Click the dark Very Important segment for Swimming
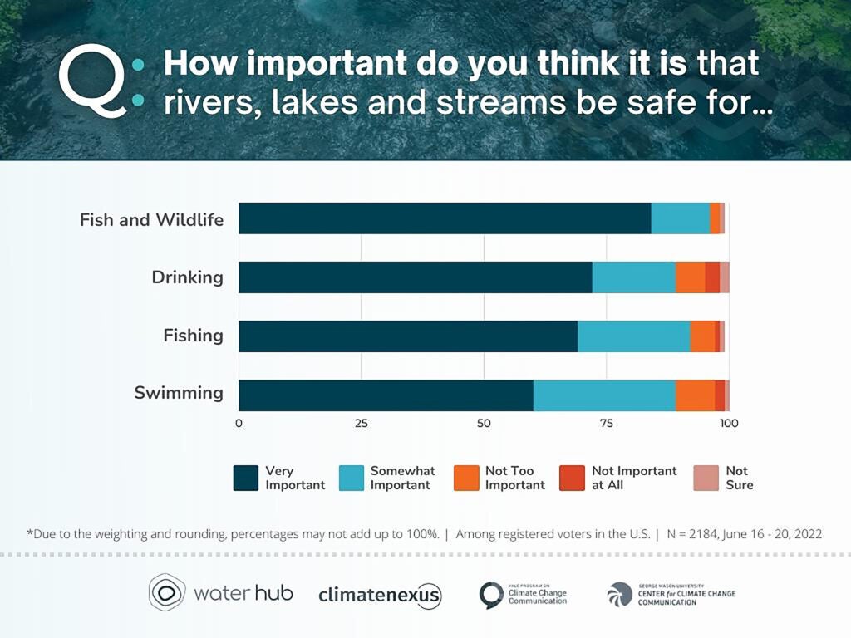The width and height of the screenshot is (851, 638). [x=386, y=395]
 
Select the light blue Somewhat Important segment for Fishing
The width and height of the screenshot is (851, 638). [x=633, y=336]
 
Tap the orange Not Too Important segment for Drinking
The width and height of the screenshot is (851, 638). [x=690, y=277]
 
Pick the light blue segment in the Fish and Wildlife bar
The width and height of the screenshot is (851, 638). [x=680, y=218]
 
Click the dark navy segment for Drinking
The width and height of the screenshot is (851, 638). [x=415, y=277]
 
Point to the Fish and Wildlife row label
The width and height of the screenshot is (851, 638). [x=151, y=220]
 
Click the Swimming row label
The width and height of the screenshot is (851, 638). [x=179, y=393]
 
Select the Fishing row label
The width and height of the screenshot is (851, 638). [x=193, y=336]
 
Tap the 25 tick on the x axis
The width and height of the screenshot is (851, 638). [x=361, y=423]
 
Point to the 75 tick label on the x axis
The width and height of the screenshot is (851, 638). [x=606, y=423]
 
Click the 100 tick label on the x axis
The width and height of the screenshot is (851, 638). [x=728, y=423]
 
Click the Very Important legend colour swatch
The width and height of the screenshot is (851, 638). [x=245, y=478]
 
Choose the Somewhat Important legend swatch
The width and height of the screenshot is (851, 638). [x=351, y=478]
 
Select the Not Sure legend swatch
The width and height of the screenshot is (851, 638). [x=706, y=478]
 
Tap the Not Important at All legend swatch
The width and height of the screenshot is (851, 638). [x=572, y=478]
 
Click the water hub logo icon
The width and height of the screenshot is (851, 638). [x=166, y=593]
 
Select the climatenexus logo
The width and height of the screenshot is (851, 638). [x=380, y=595]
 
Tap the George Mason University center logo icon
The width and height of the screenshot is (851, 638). [x=619, y=595]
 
